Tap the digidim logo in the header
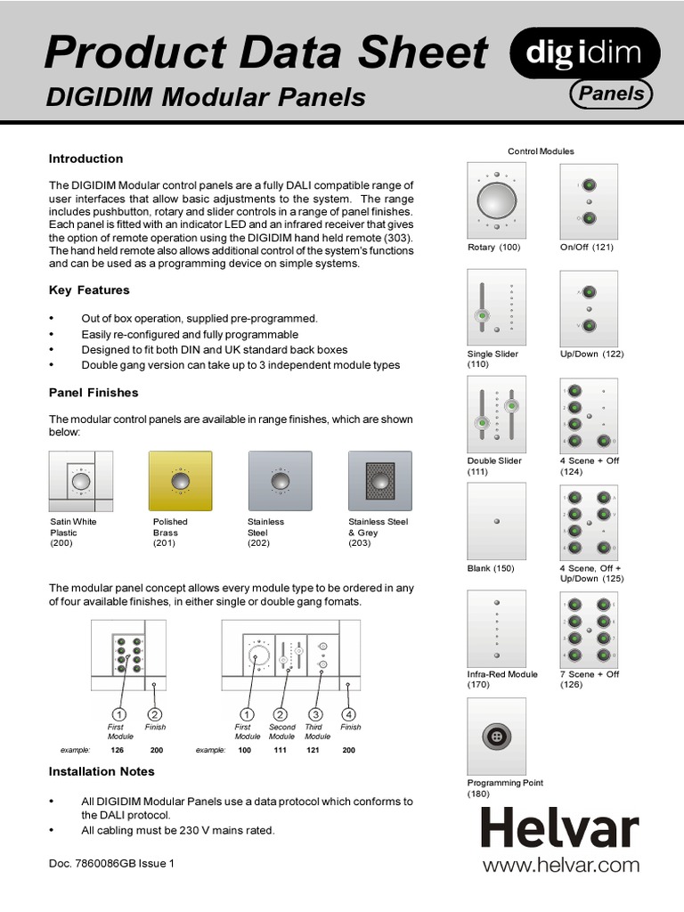point(584,54)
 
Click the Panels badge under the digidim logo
point(611,94)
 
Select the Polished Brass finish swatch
point(181,481)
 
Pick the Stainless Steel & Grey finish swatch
point(381,481)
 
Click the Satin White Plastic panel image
point(81,481)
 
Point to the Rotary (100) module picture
point(496,199)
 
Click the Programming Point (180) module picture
point(496,736)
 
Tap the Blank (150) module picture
point(496,521)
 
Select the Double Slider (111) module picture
point(496,414)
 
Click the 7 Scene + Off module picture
point(589,628)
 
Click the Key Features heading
point(89,290)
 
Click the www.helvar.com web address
point(560,865)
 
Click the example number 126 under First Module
point(117,751)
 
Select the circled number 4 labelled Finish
point(350,714)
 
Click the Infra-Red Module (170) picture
point(496,628)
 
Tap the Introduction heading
point(85,159)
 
